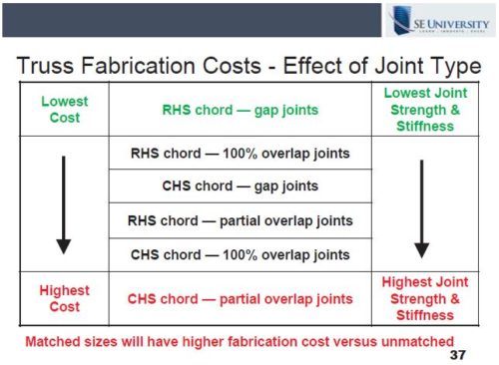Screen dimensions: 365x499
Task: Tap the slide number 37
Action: pos(459,354)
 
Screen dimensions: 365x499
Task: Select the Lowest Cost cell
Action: pos(64,109)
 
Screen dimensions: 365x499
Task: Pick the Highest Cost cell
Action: pos(64,298)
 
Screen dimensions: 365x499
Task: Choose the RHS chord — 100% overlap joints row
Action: pos(240,155)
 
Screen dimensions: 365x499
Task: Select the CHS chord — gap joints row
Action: pos(240,186)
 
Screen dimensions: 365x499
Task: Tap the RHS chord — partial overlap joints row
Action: pos(240,219)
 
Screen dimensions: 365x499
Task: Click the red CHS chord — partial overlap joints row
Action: pos(240,298)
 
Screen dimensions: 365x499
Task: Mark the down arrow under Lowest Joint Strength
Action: pos(422,204)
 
